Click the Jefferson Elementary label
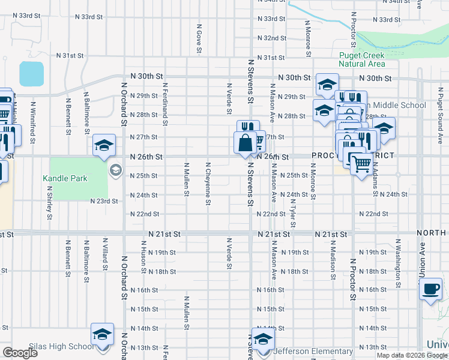tap(313, 351)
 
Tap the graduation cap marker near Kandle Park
tap(103, 145)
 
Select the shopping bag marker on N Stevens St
tap(246, 143)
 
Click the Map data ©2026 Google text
tap(411, 355)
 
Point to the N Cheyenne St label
tap(208, 184)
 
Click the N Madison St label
tap(331, 260)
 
